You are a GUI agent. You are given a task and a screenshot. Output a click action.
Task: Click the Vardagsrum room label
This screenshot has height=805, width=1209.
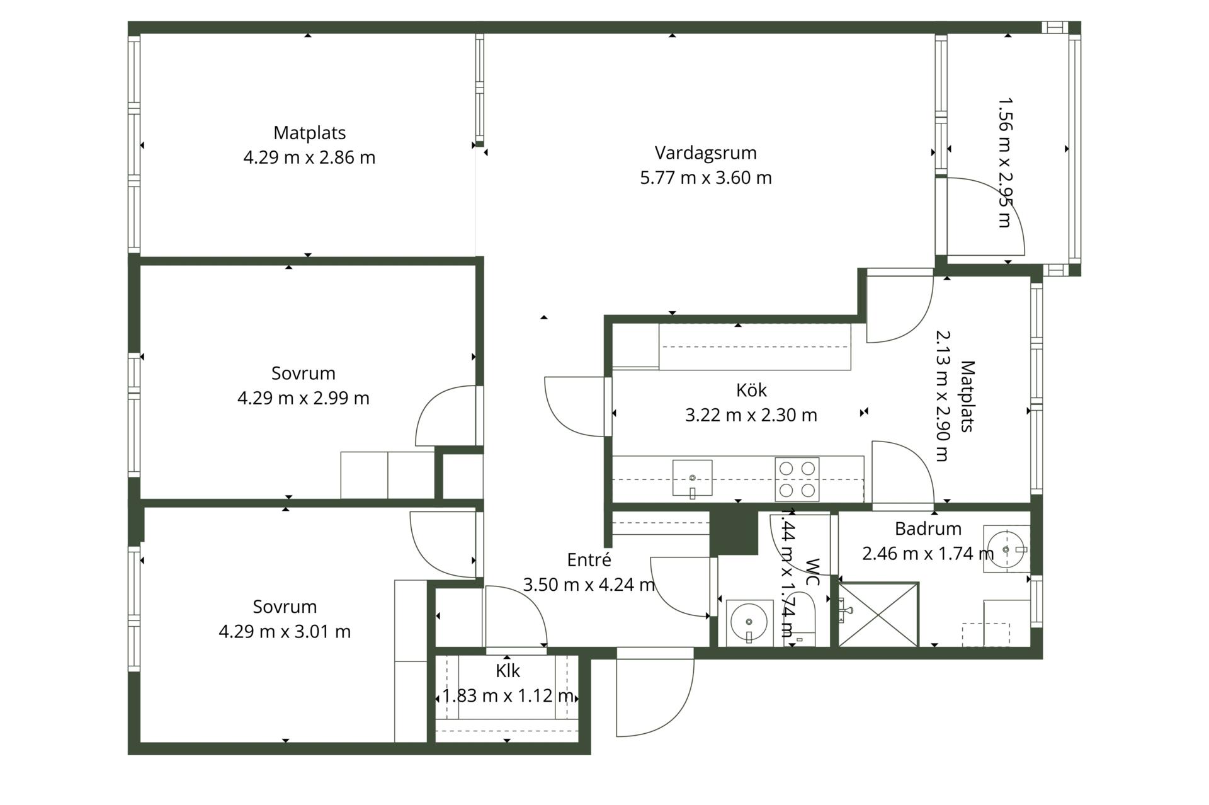(x=705, y=153)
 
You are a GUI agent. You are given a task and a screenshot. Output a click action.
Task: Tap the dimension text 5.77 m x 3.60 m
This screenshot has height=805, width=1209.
(x=705, y=178)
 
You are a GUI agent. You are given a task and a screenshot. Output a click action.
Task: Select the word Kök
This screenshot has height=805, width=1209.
(x=751, y=390)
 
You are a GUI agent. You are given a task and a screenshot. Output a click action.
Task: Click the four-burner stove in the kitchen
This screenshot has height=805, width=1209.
(x=797, y=479)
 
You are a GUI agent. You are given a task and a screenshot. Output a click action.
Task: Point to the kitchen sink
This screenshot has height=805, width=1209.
(x=692, y=478)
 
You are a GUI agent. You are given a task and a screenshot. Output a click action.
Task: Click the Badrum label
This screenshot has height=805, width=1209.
(x=928, y=528)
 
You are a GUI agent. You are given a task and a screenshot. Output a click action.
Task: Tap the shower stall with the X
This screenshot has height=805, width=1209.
(x=878, y=614)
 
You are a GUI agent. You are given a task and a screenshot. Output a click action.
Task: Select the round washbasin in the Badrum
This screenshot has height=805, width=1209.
(x=1006, y=549)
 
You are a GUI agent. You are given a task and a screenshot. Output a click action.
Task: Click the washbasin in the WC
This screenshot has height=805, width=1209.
(x=749, y=622)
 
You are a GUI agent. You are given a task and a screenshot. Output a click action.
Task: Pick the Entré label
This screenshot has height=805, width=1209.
(x=589, y=559)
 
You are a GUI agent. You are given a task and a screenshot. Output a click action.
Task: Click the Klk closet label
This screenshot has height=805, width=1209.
(x=508, y=671)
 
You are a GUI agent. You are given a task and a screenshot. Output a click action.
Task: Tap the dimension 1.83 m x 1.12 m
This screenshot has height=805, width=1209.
(x=508, y=695)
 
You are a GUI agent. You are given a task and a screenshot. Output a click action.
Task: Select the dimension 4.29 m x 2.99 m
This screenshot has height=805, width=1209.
(x=303, y=398)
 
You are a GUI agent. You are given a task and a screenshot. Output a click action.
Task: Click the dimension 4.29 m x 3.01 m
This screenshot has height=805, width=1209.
(x=285, y=631)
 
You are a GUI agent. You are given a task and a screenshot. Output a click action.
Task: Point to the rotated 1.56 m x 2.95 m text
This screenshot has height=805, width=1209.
(x=1005, y=162)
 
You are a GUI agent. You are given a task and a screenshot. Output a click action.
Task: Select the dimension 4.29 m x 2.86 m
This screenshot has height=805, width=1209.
(x=309, y=157)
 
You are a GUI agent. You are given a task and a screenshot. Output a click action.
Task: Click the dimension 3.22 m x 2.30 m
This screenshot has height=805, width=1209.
(x=751, y=415)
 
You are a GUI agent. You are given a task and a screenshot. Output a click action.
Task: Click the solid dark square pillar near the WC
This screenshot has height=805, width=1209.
(x=734, y=532)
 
